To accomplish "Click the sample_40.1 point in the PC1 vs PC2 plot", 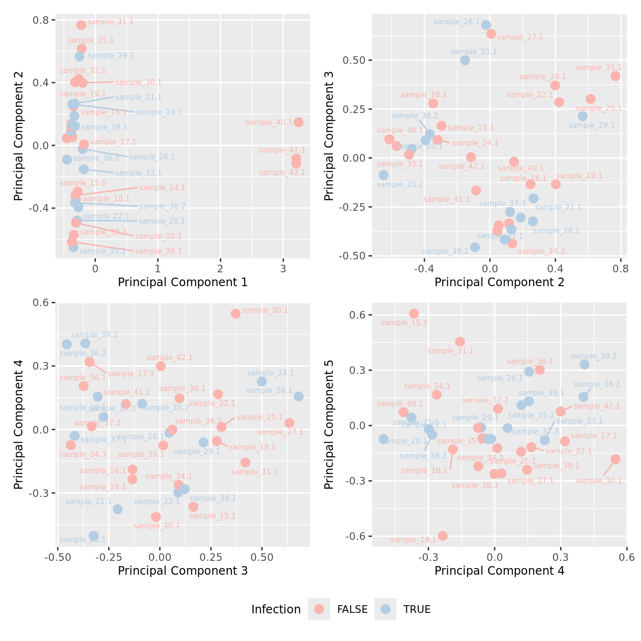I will tap(299, 122).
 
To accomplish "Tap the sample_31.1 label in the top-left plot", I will tap(111, 22).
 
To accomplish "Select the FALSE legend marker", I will tap(319, 609).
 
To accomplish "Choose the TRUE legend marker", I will tap(385, 609).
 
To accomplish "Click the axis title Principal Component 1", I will tap(183, 282).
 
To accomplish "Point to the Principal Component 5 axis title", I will tap(329, 424).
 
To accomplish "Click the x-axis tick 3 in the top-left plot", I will tap(283, 269).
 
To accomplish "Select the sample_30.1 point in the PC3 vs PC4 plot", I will tap(236, 313).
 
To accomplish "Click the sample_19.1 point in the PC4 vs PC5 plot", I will tap(443, 536).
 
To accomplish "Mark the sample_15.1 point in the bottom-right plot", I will tap(414, 313).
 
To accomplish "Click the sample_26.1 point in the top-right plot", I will tap(486, 25).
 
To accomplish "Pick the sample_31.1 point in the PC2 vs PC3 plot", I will tap(615, 76).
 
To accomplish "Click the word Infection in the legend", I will tap(276, 610).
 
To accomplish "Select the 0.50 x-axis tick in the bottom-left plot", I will tap(262, 557).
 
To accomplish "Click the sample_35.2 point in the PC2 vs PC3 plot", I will tap(383, 175).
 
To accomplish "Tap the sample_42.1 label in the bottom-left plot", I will tap(170, 358).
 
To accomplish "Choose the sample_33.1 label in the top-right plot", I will tap(474, 52).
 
